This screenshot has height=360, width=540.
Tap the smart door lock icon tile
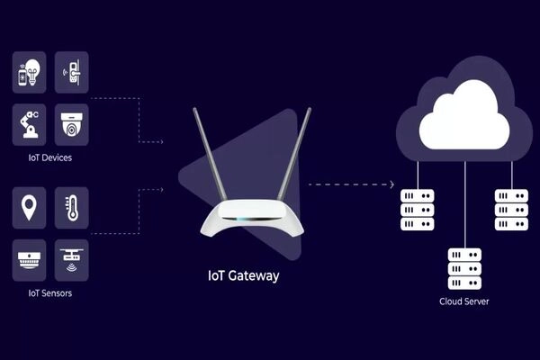71,73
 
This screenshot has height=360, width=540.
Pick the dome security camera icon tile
71,124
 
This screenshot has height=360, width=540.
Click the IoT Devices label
50,157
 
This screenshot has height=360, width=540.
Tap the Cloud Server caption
464,301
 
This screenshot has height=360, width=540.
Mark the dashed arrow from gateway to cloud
351,184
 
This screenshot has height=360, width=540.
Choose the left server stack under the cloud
418,210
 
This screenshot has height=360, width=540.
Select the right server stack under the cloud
511,210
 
